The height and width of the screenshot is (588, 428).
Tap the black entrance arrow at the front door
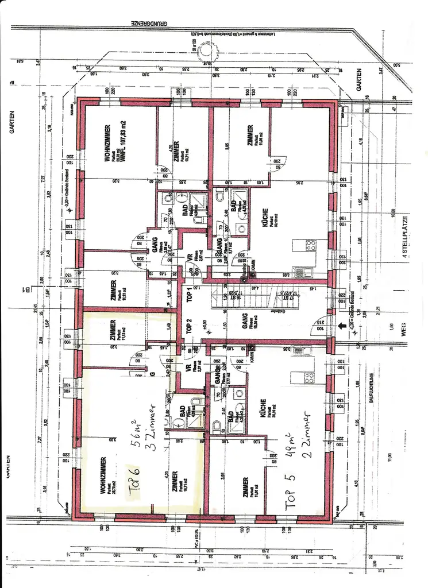tap(344, 326)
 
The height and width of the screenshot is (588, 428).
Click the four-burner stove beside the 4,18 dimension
tap(311, 246)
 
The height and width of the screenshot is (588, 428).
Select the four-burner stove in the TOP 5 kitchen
tap(309, 377)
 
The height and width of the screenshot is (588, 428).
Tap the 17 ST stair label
tap(286, 296)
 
